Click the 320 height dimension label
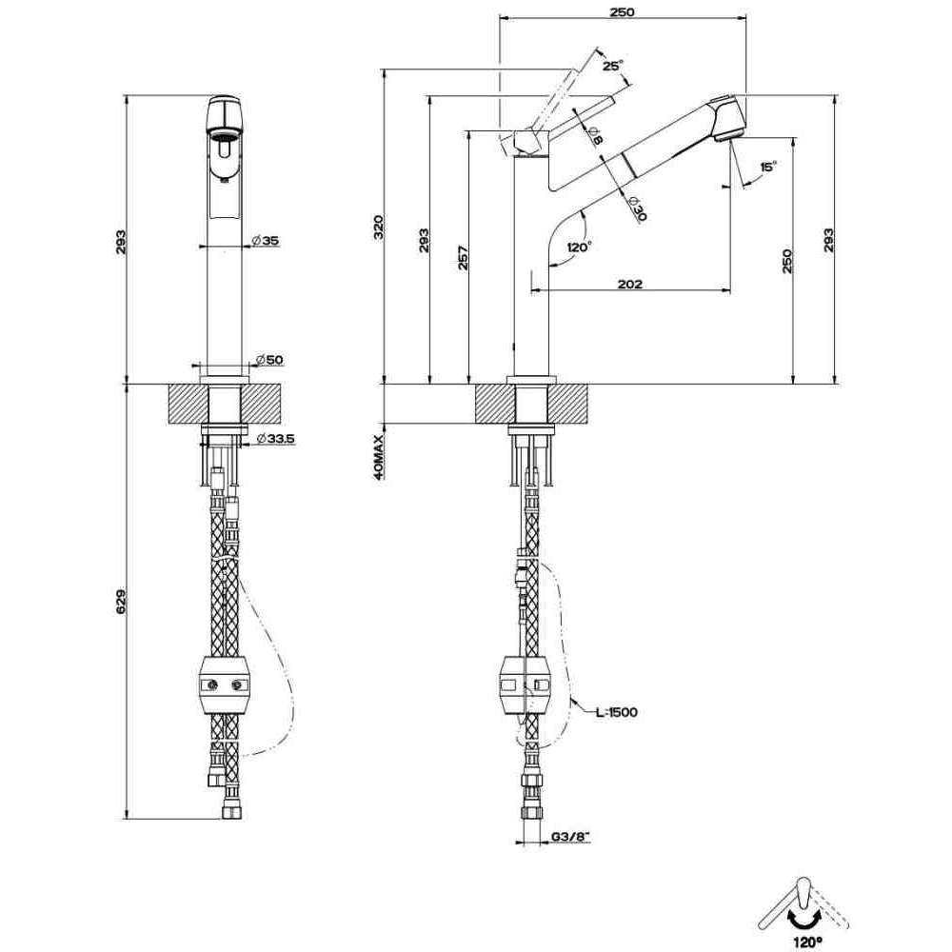click(378, 227)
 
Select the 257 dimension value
click(463, 257)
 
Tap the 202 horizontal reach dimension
click(629, 284)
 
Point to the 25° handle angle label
click(612, 66)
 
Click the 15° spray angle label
click(768, 167)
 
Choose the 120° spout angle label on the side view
click(579, 248)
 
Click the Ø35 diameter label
click(266, 241)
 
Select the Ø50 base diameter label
click(269, 360)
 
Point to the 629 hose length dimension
click(120, 601)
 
